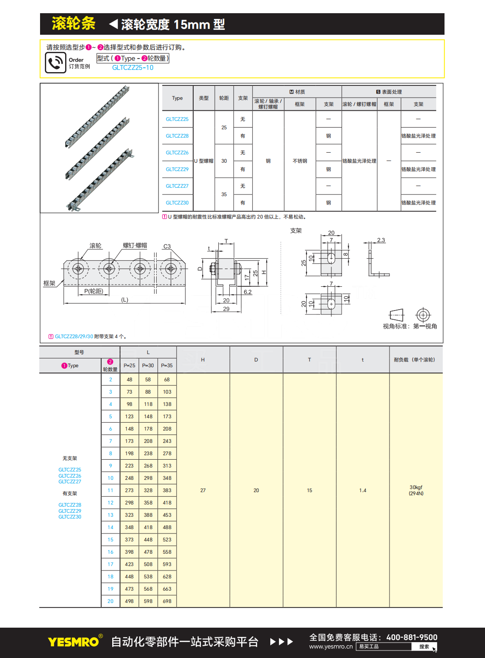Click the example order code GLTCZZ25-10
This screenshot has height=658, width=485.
click(x=132, y=68)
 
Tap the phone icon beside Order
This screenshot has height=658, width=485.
click(x=55, y=62)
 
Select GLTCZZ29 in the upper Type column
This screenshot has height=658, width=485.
click(x=177, y=169)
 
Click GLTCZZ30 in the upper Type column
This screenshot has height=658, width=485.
click(x=177, y=203)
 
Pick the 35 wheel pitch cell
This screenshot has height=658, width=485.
click(x=224, y=194)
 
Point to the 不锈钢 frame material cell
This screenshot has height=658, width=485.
click(x=300, y=161)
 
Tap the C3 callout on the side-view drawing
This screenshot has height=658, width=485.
click(x=167, y=246)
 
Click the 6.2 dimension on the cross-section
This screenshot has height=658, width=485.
click(x=248, y=292)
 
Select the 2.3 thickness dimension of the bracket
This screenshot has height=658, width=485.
click(x=381, y=240)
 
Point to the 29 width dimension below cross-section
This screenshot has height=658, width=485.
click(x=226, y=309)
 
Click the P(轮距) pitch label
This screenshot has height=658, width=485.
click(x=93, y=291)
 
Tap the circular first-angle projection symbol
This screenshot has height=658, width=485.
click(x=423, y=315)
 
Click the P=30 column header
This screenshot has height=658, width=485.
click(x=148, y=366)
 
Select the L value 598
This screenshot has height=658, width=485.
click(x=148, y=601)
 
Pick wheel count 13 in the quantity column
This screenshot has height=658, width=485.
click(x=110, y=515)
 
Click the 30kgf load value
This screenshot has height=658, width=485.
click(x=416, y=487)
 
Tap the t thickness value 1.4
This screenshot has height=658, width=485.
click(x=363, y=490)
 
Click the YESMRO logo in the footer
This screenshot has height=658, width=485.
click(x=73, y=642)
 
